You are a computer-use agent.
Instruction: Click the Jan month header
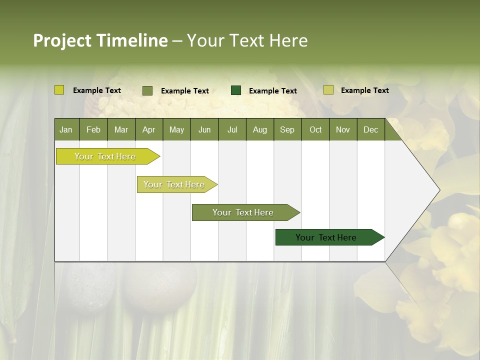point(66,129)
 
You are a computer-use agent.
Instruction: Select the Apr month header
point(149,129)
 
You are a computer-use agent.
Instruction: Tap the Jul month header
point(232,129)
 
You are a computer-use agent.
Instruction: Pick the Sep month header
point(287,129)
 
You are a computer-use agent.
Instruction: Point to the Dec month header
point(370,129)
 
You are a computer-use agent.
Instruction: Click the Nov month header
point(343,129)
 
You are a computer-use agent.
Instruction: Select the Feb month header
point(93,129)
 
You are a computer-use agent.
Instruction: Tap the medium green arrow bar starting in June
point(243,212)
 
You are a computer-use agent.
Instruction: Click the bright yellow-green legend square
point(59,90)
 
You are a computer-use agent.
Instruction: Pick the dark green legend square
point(236,90)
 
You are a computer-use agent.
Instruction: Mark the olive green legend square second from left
point(147,90)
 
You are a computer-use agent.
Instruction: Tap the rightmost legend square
point(328,90)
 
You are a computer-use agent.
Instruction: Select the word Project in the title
point(62,40)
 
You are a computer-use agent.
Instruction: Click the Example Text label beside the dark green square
point(272,90)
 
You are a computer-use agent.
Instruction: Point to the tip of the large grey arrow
point(438,190)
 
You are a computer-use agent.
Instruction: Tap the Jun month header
point(204,129)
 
